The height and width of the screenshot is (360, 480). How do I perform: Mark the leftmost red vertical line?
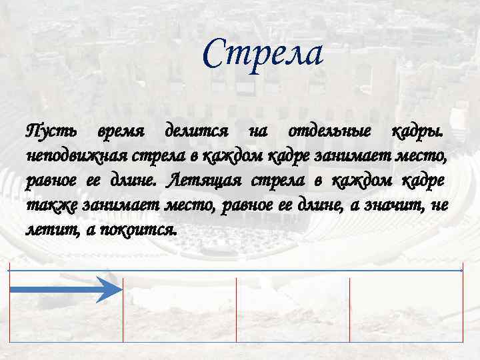[x=9, y=307]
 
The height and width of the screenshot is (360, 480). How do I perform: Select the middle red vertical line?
[x=236, y=313]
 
